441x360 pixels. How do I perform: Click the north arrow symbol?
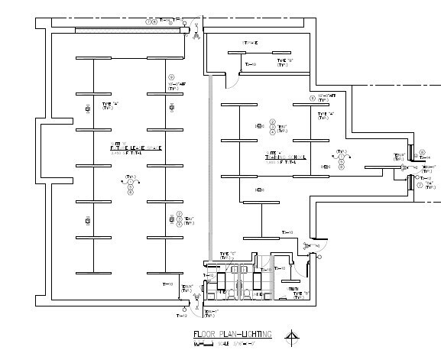point(290,336)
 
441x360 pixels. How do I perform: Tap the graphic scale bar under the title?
point(207,345)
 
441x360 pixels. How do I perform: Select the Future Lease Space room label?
point(136,148)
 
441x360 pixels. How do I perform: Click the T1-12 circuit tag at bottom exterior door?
point(182,315)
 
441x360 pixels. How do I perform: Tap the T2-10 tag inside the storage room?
point(250,65)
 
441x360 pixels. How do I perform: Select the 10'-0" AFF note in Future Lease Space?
point(178,84)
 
